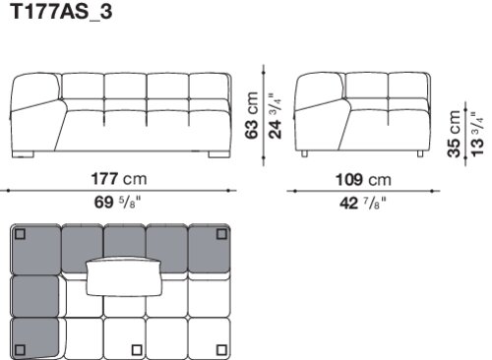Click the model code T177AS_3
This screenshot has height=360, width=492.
[61, 12]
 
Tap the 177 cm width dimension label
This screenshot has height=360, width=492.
[119, 179]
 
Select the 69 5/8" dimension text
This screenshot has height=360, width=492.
[117, 203]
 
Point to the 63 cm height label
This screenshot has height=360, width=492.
[252, 115]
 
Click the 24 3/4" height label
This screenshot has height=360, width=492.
[275, 116]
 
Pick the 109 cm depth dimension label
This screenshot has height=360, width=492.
[363, 180]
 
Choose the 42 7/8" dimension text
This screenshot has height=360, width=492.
[363, 204]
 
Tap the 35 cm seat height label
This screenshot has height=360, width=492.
[454, 134]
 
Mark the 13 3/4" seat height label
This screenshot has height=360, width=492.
[477, 135]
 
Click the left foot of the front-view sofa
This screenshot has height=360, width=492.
[23, 154]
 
